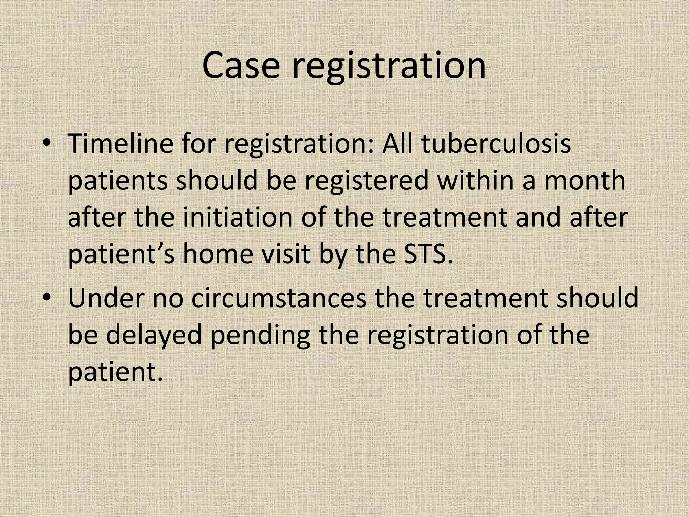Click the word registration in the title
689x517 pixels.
(x=389, y=66)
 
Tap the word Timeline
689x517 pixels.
(x=120, y=143)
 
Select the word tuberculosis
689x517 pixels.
(x=496, y=143)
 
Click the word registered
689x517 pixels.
(x=367, y=180)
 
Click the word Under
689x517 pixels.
(x=106, y=298)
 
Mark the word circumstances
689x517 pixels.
(x=279, y=298)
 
